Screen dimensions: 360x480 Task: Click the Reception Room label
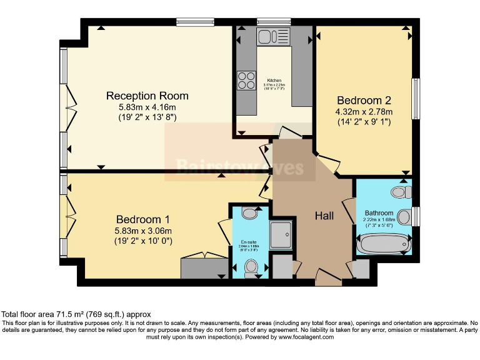pos(147,96)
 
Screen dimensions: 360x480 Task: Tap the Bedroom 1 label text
pos(142,219)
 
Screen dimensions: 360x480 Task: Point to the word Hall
pos(324,216)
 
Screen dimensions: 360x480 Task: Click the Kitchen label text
pos(274,81)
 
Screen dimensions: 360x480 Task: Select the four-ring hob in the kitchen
pos(246,81)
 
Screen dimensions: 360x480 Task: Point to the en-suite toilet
pos(251,267)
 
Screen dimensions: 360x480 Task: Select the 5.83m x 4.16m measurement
pos(147,107)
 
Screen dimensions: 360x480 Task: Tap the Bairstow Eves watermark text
pos(240,167)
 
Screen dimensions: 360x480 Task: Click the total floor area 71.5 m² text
pos(76,314)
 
